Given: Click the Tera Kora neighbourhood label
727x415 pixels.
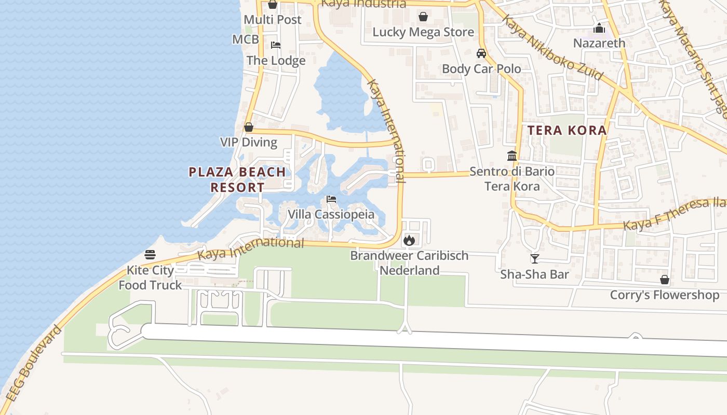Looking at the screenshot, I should [567, 130].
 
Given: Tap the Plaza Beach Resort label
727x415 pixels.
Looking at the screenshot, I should [237, 179].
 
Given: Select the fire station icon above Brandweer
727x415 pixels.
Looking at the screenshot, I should [409, 240].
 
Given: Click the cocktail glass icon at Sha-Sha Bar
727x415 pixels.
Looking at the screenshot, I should [534, 258].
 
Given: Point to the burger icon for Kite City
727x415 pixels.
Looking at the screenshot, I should [150, 255].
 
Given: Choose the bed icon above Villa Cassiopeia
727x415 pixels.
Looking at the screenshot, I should [331, 199].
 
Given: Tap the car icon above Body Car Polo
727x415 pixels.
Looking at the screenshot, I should [481, 53].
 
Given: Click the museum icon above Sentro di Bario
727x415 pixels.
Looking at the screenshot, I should [512, 156].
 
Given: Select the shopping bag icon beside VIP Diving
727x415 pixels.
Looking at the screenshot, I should [249, 127].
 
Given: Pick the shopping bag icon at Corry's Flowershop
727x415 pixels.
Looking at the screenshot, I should [665, 280].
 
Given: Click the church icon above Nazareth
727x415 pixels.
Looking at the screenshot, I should [599, 27].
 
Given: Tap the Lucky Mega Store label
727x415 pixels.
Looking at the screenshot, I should [423, 32].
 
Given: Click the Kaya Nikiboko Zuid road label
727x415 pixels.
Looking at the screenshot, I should [552, 47].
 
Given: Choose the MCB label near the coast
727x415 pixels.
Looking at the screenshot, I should [246, 40].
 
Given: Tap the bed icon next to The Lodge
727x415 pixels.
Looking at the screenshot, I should [276, 45].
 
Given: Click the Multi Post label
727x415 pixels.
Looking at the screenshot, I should [273, 20].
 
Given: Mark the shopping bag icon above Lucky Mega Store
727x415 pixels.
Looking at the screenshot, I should [423, 17].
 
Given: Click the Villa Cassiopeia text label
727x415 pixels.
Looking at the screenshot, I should [331, 214].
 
